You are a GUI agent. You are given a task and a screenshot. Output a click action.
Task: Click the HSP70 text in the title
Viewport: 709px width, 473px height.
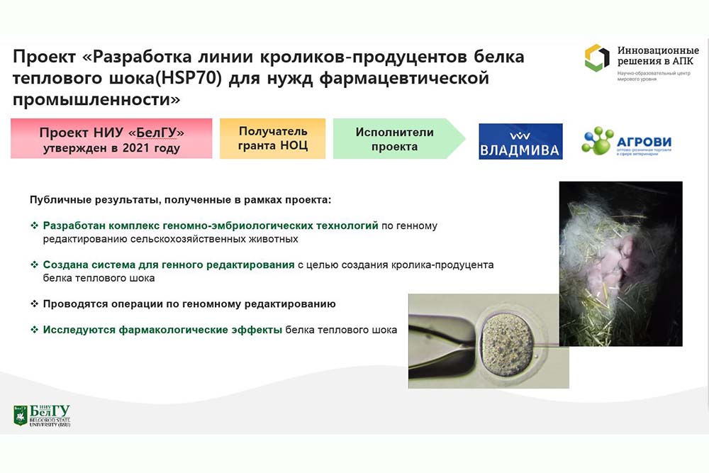click(191, 78)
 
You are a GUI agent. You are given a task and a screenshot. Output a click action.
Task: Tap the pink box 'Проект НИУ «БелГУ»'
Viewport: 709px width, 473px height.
click(111, 138)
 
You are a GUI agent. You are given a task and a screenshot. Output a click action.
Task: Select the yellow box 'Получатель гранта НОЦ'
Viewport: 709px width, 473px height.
click(273, 138)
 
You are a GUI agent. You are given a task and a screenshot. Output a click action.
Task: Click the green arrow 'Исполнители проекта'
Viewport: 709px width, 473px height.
click(398, 138)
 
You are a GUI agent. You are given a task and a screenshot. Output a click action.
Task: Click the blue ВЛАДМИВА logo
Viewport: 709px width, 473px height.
click(520, 142)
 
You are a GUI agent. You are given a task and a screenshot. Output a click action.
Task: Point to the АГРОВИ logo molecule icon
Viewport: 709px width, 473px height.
click(597, 140)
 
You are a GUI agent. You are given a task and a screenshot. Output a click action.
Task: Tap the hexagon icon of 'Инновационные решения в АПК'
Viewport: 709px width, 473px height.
click(597, 57)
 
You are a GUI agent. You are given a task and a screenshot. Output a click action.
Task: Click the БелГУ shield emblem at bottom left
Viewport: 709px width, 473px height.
click(21, 416)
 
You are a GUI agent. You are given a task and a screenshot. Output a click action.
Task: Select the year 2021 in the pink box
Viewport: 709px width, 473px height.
click(136, 148)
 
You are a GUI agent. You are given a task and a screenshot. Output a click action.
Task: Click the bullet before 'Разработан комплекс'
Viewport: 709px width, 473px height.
click(34, 226)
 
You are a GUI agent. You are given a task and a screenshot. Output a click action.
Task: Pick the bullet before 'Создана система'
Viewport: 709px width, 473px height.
click(34, 265)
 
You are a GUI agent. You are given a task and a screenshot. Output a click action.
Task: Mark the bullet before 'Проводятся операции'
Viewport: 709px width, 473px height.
click(34, 304)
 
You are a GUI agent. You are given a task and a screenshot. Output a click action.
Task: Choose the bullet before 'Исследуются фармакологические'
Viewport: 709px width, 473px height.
click(34, 330)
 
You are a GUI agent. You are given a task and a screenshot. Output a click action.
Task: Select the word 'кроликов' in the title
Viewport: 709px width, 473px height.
click(303, 57)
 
